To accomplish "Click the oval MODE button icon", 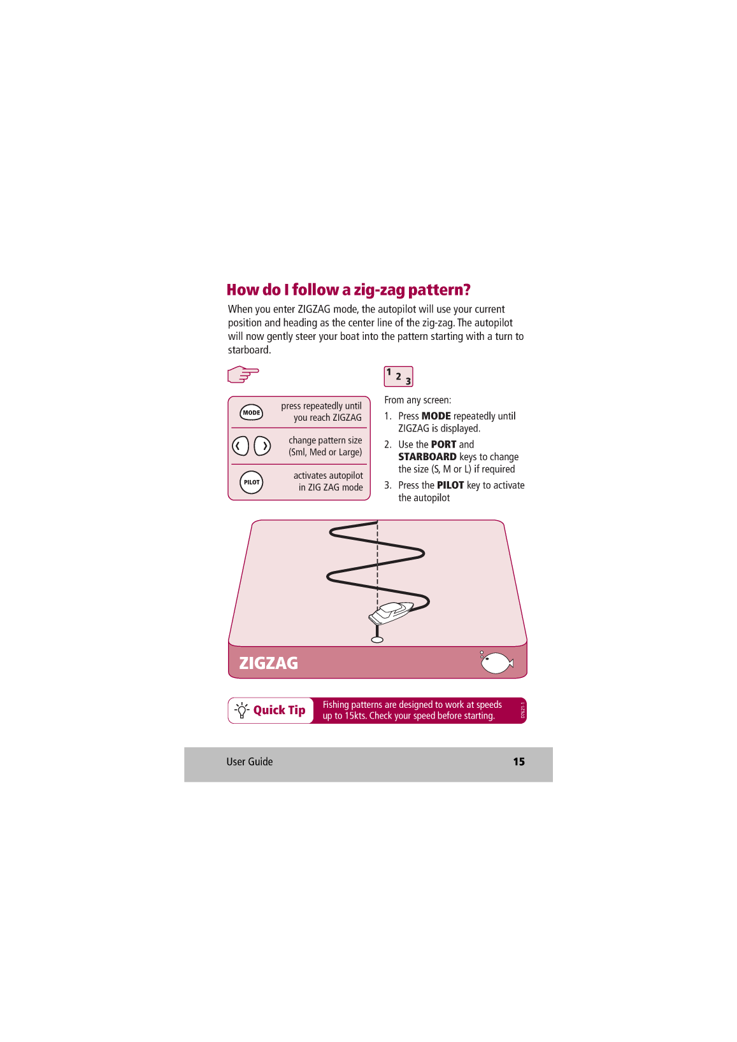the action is [x=251, y=412].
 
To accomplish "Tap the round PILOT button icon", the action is [x=252, y=482].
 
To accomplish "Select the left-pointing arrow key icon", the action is [x=240, y=446].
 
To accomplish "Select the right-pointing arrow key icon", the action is [x=262, y=446].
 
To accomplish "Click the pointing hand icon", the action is [x=243, y=374].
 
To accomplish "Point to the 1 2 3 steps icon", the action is [x=398, y=376].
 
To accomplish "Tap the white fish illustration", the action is [x=497, y=663].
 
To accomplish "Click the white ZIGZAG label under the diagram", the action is [x=268, y=663].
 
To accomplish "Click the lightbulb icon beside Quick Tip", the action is [x=241, y=710].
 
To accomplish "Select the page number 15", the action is [x=519, y=761].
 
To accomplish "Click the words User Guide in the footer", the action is [x=250, y=761].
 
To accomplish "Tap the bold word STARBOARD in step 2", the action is [x=427, y=457].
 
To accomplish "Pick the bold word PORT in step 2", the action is [x=444, y=444].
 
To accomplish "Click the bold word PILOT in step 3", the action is [x=450, y=485].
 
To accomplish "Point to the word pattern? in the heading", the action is [x=439, y=290].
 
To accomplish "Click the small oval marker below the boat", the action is [x=377, y=640].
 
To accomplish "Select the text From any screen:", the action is [x=418, y=400].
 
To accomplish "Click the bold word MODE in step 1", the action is [x=436, y=416].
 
